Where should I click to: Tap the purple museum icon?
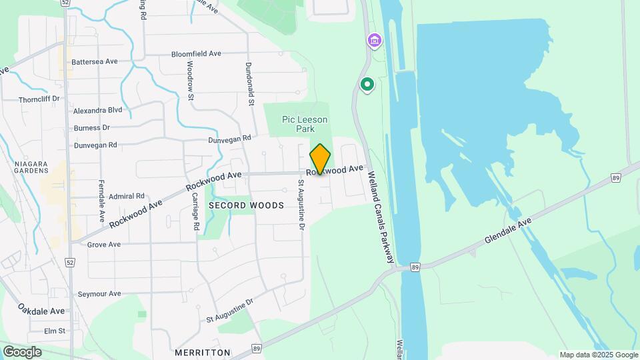pos(375,42)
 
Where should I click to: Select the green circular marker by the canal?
pos(367,85)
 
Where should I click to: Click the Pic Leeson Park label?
pos(305,124)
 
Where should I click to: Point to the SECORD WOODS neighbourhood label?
pos(246,205)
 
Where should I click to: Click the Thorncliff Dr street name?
pos(39,99)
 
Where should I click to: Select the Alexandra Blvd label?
pos(98,111)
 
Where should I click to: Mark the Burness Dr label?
pos(92,127)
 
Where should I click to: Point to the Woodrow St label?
pos(190,81)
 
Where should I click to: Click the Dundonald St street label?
pos(249,84)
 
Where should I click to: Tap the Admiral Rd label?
pos(127,196)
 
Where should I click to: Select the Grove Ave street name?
pos(104,245)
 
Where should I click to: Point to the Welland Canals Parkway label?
pos(381,215)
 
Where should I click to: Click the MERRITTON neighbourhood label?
pos(202,352)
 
